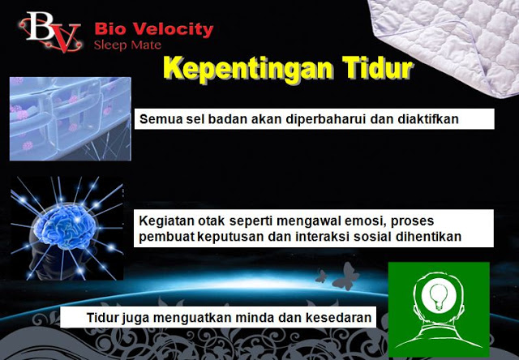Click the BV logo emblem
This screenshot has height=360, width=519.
(50, 32)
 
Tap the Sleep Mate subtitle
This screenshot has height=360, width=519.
(127, 45)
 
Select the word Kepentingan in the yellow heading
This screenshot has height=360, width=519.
(248, 69)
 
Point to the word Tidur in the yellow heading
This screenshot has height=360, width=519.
(378, 67)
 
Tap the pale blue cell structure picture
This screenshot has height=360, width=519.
(71, 119)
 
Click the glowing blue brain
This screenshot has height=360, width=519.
(66, 226)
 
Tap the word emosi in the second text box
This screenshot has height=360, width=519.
(365, 221)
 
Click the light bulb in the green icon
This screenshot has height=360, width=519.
(439, 297)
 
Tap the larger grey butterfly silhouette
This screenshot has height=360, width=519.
(345, 276)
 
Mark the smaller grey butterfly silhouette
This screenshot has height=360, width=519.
(321, 276)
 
